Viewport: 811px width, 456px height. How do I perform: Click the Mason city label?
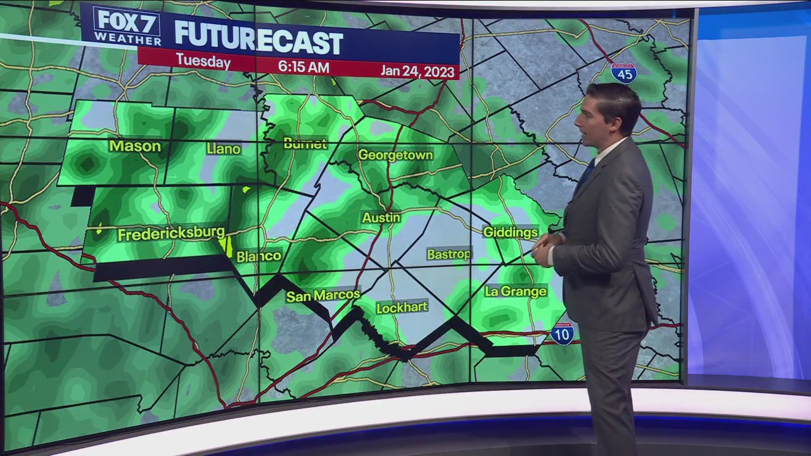tap(134, 146)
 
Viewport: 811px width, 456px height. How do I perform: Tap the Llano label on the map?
tap(223, 149)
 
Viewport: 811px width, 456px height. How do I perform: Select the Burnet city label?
tap(305, 144)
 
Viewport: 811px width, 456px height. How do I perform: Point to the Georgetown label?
tap(395, 155)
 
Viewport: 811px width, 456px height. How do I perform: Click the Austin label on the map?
tap(381, 218)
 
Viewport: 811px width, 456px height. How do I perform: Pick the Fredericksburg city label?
tap(171, 234)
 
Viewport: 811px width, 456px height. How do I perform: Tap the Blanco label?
tap(259, 256)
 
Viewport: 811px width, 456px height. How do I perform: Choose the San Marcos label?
tap(322, 296)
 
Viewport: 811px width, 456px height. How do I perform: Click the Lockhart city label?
tap(402, 308)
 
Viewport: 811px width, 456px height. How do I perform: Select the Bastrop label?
tap(449, 254)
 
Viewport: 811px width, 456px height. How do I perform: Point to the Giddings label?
tap(510, 232)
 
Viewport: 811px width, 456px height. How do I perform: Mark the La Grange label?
tap(515, 291)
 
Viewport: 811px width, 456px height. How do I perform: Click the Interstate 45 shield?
tap(623, 73)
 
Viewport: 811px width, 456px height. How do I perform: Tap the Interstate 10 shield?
tap(562, 333)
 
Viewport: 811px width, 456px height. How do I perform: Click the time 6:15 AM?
tap(303, 66)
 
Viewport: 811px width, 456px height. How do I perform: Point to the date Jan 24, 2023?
tap(418, 70)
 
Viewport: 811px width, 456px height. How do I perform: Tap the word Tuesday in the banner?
tap(203, 61)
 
